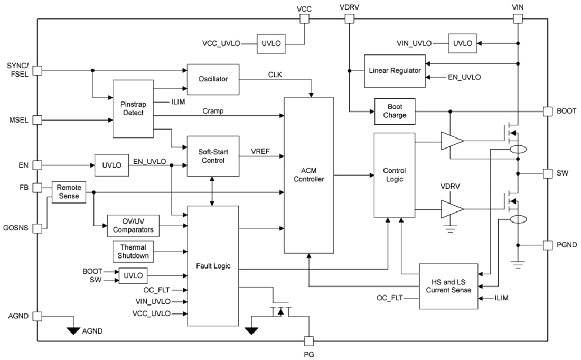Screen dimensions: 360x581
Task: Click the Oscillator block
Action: [x=213, y=79]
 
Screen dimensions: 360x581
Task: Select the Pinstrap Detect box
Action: [x=133, y=108]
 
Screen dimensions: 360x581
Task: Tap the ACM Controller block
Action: [x=309, y=175]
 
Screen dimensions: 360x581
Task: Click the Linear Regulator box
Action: [x=395, y=71]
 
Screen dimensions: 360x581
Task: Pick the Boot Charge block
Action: [x=395, y=112]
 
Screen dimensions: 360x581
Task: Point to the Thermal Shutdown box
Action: [x=133, y=251]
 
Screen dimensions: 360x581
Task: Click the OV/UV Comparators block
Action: [x=133, y=226]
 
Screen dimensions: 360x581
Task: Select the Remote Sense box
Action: [x=68, y=192]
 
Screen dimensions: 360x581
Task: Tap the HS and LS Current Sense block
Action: [x=448, y=286]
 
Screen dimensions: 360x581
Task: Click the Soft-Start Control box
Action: [x=213, y=156]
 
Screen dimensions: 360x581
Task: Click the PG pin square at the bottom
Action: [x=310, y=341]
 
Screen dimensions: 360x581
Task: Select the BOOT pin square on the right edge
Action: [x=547, y=112]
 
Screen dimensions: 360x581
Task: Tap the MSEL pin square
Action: [x=38, y=120]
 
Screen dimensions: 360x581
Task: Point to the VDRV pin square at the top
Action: [x=349, y=19]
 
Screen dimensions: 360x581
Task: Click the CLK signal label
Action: [x=275, y=75]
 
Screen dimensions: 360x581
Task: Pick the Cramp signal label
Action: [x=213, y=111]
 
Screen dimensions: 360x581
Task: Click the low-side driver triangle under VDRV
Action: [x=452, y=209]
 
